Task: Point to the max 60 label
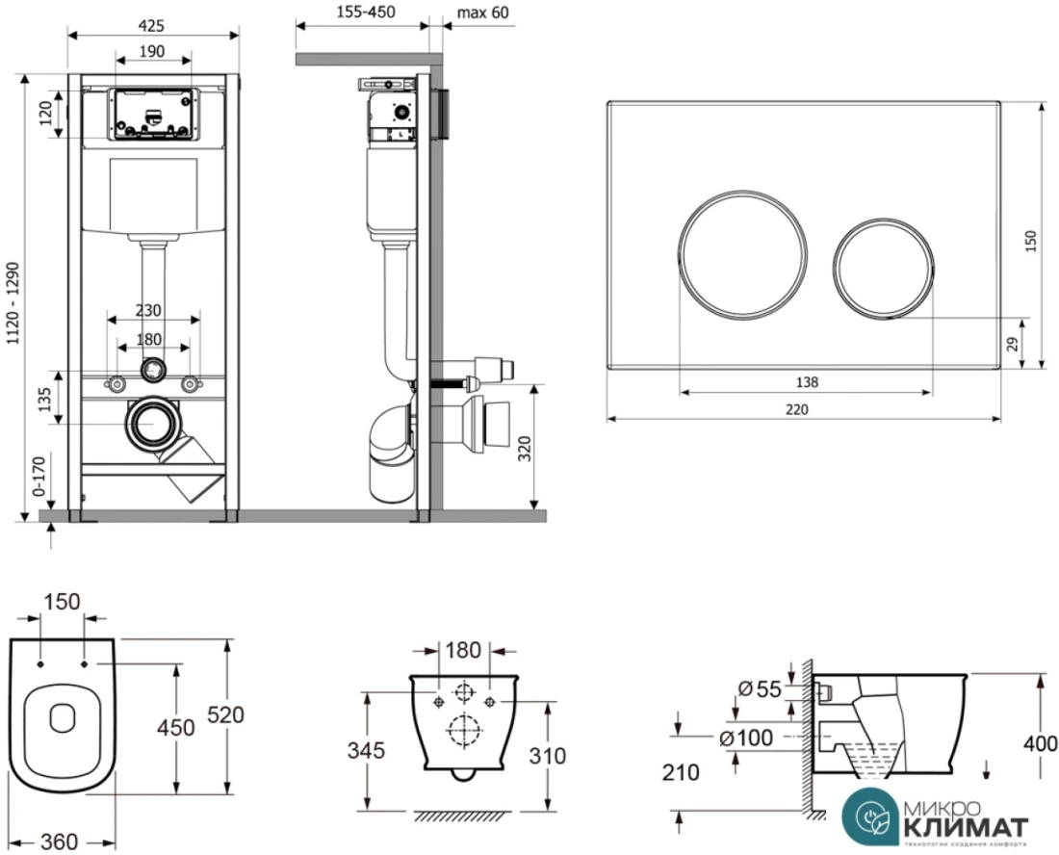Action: click(483, 12)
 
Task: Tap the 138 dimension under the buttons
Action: click(807, 381)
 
